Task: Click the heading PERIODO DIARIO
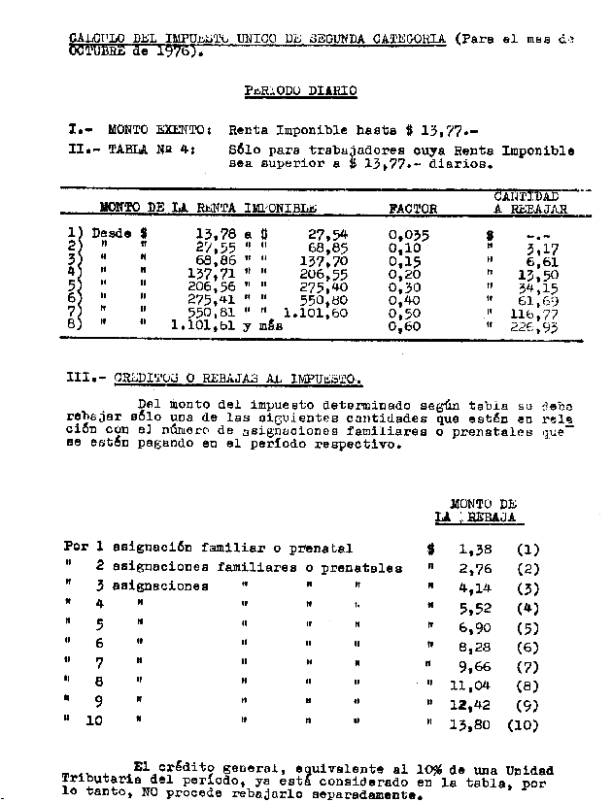[300, 91]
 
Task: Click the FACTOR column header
[413, 208]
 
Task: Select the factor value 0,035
[408, 234]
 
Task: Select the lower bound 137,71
[213, 275]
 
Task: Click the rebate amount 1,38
[473, 549]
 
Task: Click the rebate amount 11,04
[469, 685]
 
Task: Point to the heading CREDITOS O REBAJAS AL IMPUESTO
[238, 377]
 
